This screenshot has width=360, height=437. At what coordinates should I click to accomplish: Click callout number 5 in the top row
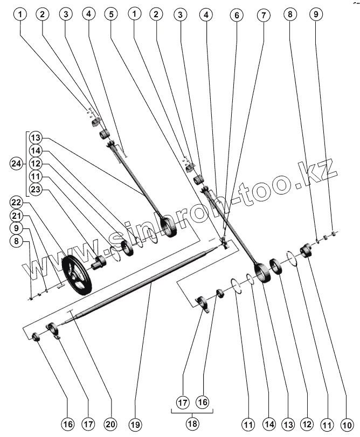coord(111,15)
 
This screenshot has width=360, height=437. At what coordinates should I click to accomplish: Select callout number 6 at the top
coord(236,15)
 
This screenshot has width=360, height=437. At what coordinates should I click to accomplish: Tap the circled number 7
coord(264,15)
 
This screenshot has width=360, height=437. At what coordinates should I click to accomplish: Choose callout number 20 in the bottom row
coord(110,424)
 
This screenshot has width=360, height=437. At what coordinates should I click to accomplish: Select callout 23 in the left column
coord(36,189)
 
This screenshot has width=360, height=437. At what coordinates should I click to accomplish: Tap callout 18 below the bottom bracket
coord(192,424)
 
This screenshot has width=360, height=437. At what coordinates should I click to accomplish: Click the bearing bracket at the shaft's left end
coord(54,329)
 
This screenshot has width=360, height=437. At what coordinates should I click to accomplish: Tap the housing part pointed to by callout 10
coord(307,251)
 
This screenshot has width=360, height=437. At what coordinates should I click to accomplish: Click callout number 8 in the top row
coord(290,15)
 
